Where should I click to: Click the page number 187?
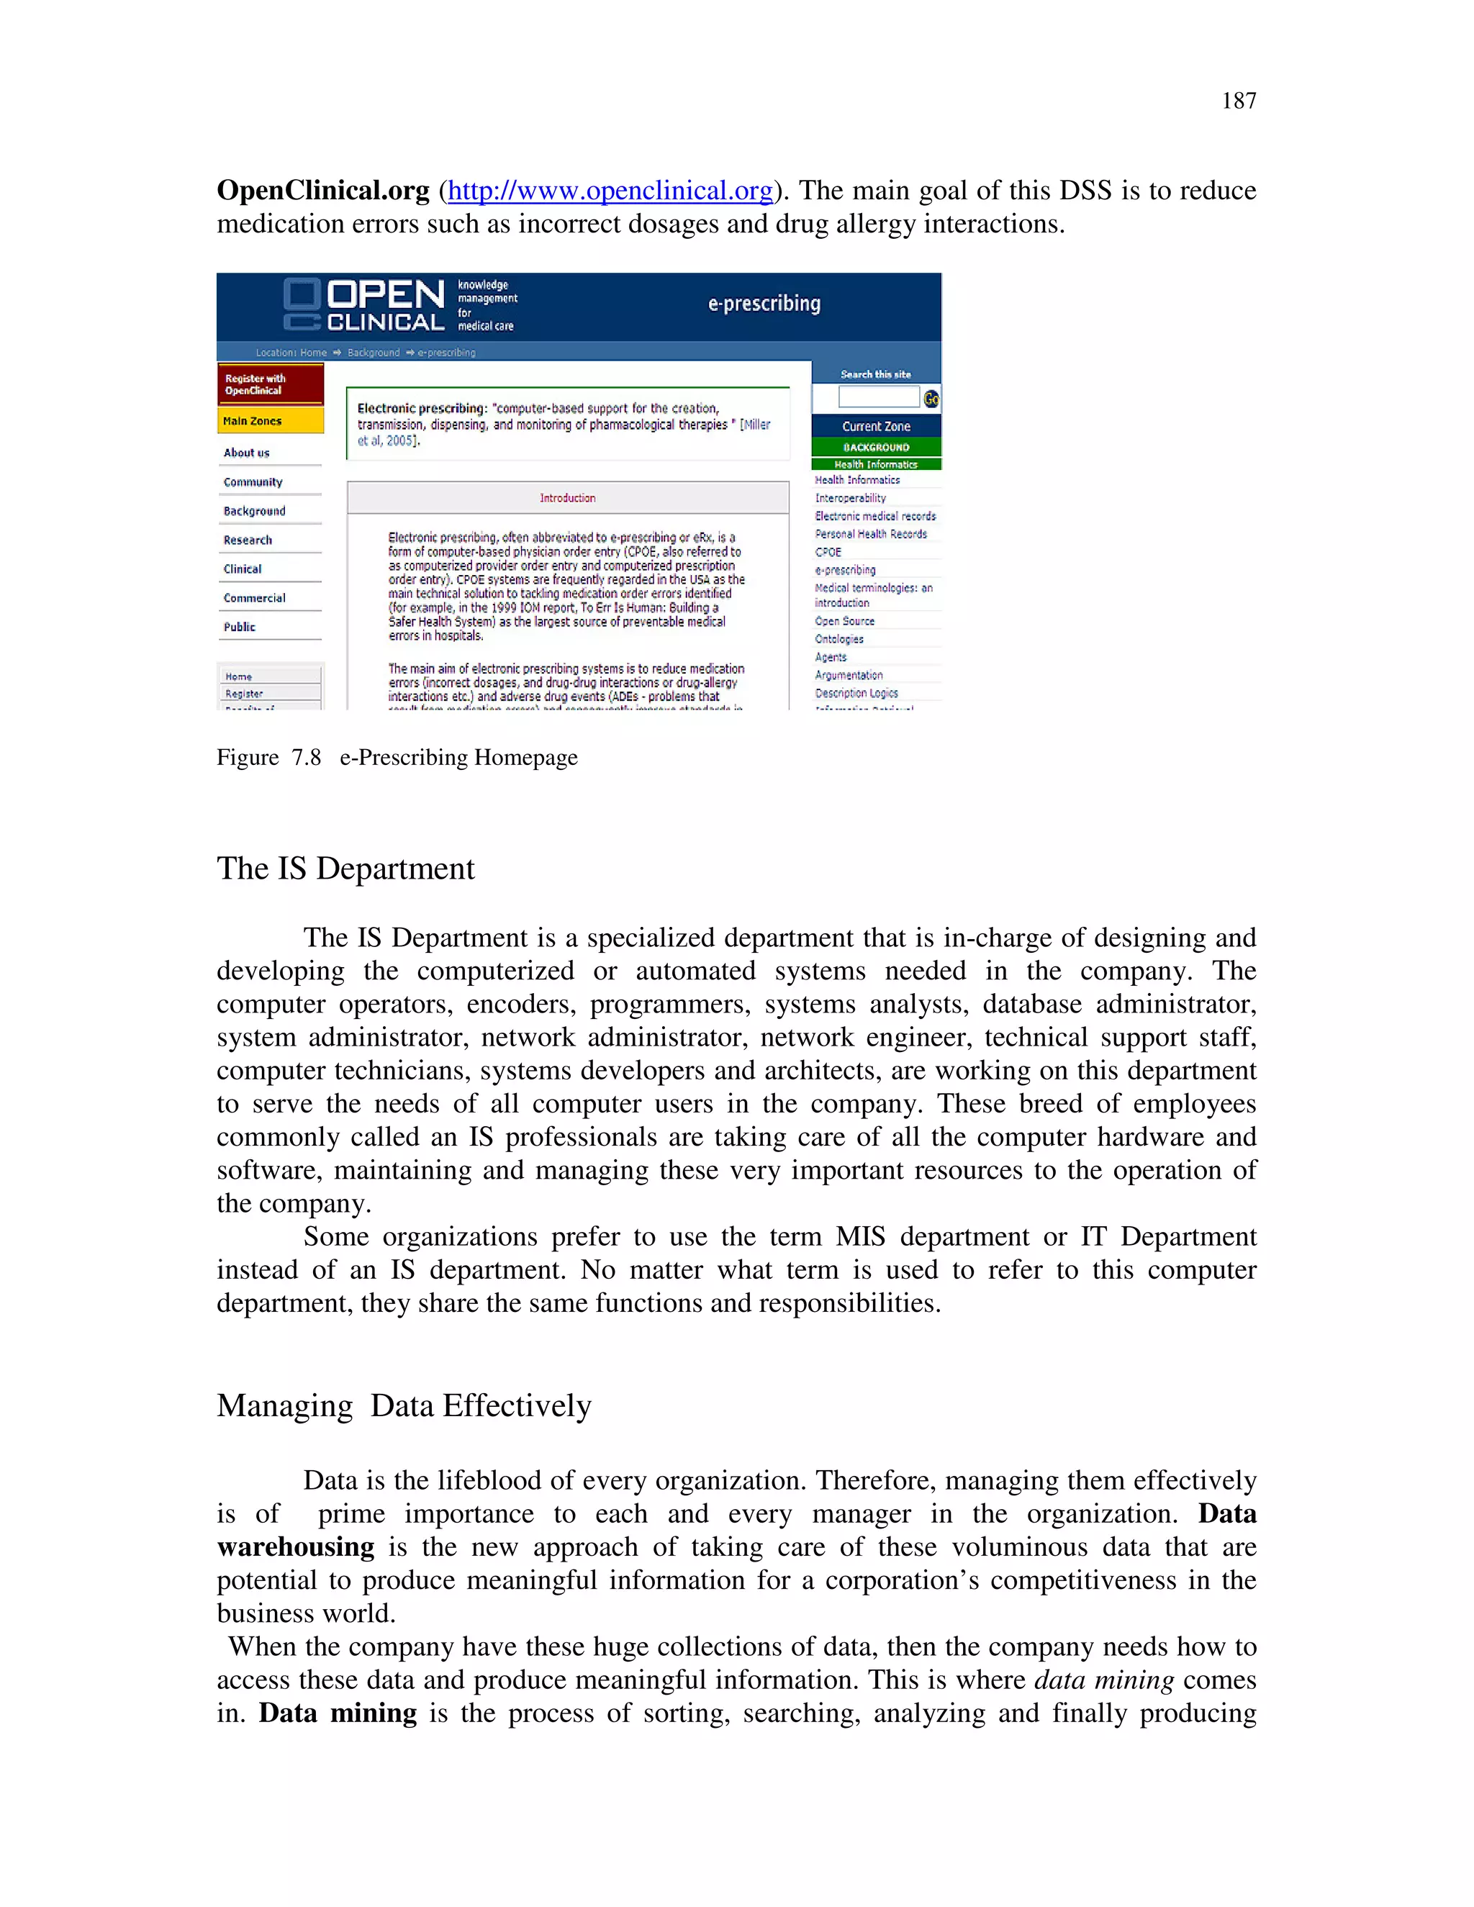point(1237,101)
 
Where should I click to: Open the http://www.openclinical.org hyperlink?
point(610,191)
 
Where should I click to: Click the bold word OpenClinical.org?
point(323,191)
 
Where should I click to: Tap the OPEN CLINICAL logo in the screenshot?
point(365,306)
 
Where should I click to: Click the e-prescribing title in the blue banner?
point(764,304)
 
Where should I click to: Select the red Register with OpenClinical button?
point(270,384)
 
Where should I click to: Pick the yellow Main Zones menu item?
point(270,421)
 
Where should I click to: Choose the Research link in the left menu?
point(248,540)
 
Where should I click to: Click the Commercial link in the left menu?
point(254,598)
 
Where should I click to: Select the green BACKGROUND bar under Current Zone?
point(876,447)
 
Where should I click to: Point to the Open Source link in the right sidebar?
point(844,621)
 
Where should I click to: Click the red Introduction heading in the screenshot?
point(568,498)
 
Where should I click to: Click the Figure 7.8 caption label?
point(269,757)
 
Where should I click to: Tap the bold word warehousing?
point(296,1547)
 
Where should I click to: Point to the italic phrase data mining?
point(1104,1680)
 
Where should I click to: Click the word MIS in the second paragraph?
point(859,1237)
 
